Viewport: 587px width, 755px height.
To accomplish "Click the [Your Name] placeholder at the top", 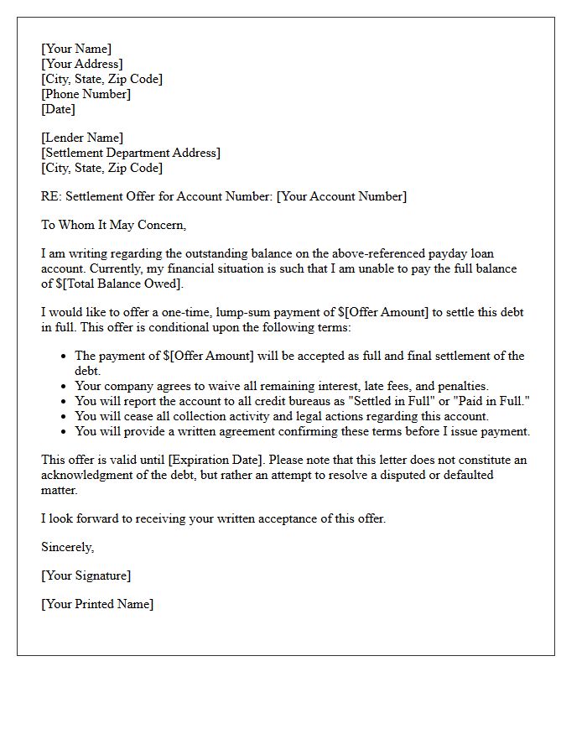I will [x=76, y=49].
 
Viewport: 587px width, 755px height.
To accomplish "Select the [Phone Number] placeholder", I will [x=86, y=94].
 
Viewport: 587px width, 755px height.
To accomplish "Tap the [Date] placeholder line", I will [x=58, y=109].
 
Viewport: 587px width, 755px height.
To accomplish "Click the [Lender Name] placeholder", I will [x=82, y=138].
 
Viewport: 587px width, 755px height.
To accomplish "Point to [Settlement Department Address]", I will [x=131, y=153].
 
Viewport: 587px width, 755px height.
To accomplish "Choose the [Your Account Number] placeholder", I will [x=341, y=196].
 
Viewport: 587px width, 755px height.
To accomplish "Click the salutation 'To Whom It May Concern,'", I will [x=113, y=225].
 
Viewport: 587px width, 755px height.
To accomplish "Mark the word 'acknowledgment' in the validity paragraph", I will [x=85, y=475].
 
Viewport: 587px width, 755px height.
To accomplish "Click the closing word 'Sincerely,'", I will [x=68, y=547].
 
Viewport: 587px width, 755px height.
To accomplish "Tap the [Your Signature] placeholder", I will [x=86, y=575].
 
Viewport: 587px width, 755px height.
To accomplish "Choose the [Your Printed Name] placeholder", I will [x=97, y=604].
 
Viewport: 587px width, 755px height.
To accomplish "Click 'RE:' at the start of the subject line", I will [x=51, y=196].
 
